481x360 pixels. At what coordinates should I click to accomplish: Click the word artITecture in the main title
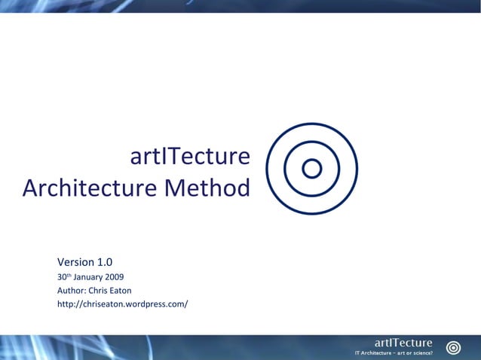pyautogui.click(x=189, y=157)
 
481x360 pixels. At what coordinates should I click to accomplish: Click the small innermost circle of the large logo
pyautogui.click(x=312, y=169)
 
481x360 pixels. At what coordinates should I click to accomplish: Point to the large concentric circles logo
pyautogui.click(x=312, y=169)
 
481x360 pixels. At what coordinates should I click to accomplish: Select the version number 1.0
pyautogui.click(x=105, y=262)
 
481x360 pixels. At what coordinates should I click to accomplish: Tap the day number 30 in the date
pyautogui.click(x=62, y=276)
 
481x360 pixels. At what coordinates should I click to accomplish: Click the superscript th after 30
pyautogui.click(x=69, y=274)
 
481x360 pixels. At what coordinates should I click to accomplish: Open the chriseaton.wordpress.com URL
pyautogui.click(x=122, y=304)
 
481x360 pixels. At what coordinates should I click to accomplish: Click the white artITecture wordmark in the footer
pyautogui.click(x=403, y=343)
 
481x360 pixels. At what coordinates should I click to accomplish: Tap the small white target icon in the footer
pyautogui.click(x=453, y=347)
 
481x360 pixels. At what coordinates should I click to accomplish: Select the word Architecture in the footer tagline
pyautogui.click(x=378, y=352)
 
